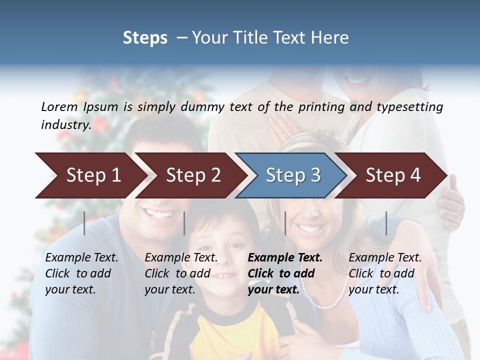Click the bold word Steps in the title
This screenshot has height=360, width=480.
pyautogui.click(x=145, y=38)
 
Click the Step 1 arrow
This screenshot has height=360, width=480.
pyautogui.click(x=90, y=175)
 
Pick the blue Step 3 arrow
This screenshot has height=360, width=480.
pyautogui.click(x=292, y=175)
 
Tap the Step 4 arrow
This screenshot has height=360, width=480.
pyautogui.click(x=392, y=175)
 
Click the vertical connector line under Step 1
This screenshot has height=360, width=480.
pyautogui.click(x=84, y=223)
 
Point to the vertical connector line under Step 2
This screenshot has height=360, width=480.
pyautogui.click(x=184, y=223)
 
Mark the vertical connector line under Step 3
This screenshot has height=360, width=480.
pyautogui.click(x=285, y=223)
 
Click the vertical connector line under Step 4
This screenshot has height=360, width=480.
pyautogui.click(x=386, y=223)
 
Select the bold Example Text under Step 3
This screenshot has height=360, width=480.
pyautogui.click(x=285, y=273)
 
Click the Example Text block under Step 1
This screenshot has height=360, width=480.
pyautogui.click(x=81, y=273)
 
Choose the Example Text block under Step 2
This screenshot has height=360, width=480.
pyautogui.click(x=181, y=273)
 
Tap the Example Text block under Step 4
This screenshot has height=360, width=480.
pyautogui.click(x=385, y=273)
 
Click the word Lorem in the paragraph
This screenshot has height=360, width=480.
pyautogui.click(x=59, y=106)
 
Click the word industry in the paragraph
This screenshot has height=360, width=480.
pyautogui.click(x=65, y=124)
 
